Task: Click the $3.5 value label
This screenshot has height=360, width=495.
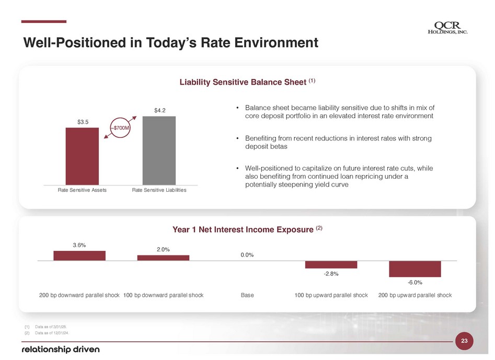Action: pos(83,122)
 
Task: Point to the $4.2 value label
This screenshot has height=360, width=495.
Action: pos(159,110)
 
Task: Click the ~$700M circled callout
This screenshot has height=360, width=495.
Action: pos(120,127)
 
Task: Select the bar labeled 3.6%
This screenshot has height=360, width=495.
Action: pos(79,256)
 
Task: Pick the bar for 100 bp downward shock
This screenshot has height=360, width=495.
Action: pos(163,258)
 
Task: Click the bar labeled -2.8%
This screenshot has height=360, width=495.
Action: pos(331,264)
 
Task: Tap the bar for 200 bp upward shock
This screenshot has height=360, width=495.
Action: pos(415,269)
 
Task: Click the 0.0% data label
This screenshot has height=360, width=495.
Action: pos(247,255)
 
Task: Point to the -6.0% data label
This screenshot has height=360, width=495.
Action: pos(415,282)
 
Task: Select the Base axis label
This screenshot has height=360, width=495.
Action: pos(247,295)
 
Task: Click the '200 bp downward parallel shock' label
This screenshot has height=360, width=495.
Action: pos(79,295)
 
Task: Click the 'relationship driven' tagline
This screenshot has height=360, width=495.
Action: pos(60,349)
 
